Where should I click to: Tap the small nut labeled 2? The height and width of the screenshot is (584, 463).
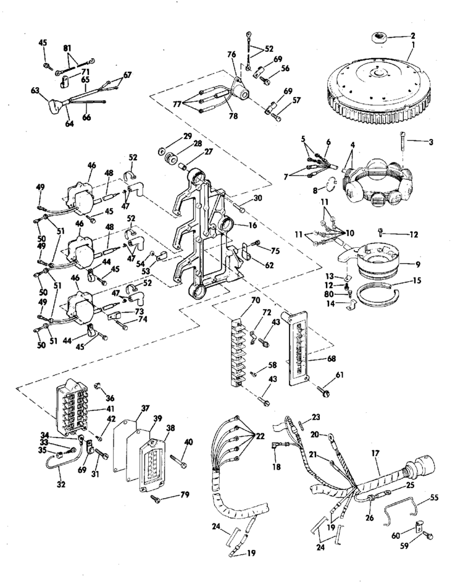tap(378, 39)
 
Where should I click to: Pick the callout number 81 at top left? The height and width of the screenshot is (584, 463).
tap(67, 48)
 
